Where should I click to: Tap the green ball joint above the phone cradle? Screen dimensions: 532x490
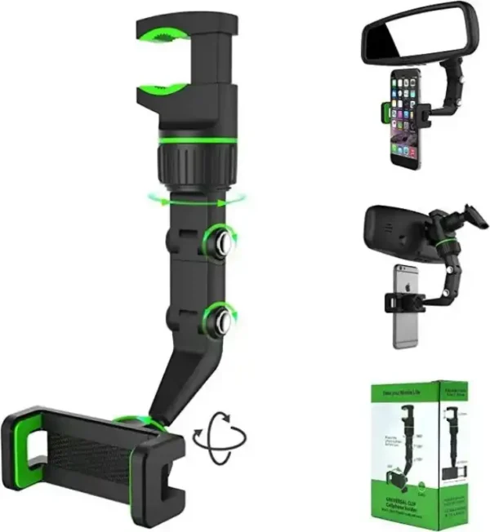pyautogui.click(x=131, y=422)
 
